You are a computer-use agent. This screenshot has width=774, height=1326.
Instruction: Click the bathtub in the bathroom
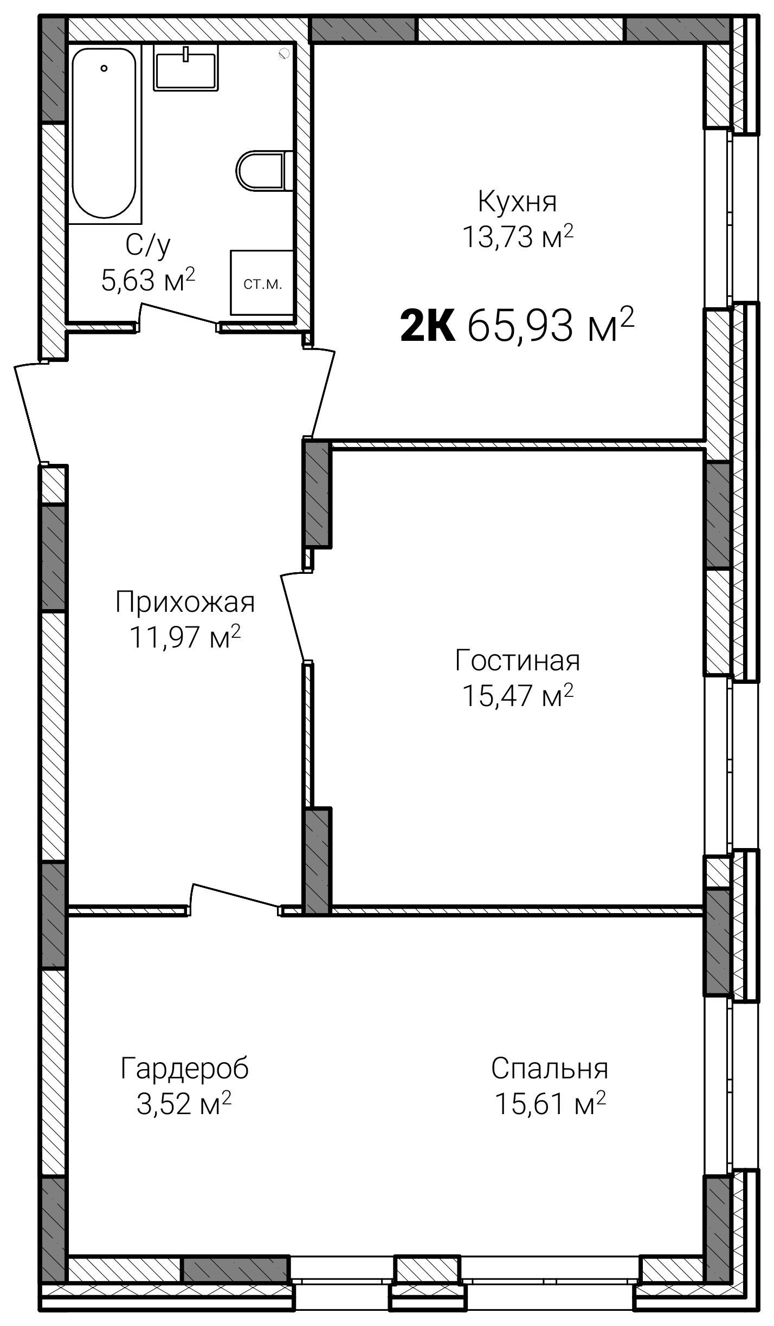104,133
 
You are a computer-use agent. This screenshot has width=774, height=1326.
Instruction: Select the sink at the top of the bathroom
186,67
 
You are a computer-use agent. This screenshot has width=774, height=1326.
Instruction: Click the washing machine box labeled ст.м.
262,282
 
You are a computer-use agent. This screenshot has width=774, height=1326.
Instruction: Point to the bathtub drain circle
104,68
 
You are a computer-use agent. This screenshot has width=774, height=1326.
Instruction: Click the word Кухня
518,202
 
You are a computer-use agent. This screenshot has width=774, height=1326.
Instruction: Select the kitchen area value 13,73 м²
518,236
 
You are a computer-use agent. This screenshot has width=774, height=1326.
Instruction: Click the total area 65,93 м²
550,325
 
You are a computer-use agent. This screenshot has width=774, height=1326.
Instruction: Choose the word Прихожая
185,602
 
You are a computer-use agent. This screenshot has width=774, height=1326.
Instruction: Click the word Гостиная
518,661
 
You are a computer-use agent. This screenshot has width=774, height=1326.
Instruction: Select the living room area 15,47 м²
518,695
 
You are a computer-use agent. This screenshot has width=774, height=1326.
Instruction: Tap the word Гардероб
185,1069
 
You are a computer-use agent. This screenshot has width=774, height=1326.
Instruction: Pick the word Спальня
550,1069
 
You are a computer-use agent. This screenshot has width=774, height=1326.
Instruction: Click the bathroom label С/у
148,245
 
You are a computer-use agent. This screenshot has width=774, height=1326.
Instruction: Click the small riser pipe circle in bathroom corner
284,53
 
